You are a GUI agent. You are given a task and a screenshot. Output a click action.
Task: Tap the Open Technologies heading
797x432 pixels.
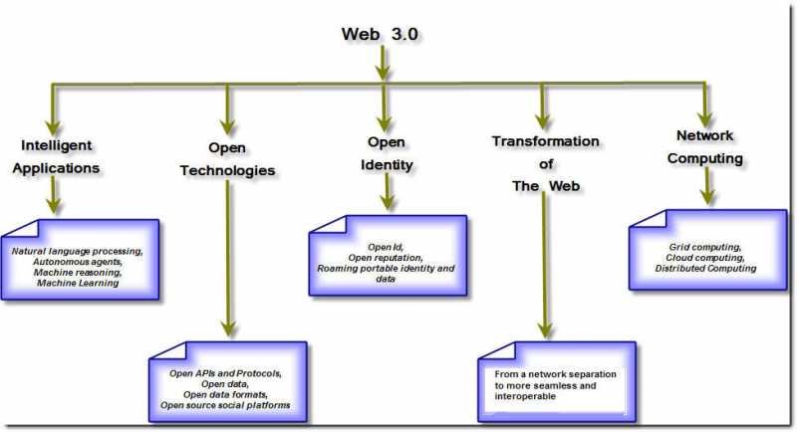pos(227,158)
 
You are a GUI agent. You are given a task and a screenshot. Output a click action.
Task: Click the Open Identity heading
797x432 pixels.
pos(387,153)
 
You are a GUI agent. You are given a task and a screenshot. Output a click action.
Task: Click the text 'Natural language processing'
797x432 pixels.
pos(78,250)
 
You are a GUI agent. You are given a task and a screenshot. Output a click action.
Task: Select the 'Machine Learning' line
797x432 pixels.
pos(78,283)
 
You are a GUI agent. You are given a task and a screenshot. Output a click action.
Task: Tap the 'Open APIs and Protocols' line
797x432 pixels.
pos(227,373)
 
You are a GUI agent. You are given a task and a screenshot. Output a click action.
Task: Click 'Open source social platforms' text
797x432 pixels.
pos(227,406)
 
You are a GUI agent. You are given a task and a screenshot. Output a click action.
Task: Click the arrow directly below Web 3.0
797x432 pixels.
pos(382,65)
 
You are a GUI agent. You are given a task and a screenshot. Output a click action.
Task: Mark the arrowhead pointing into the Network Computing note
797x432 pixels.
pos(707,196)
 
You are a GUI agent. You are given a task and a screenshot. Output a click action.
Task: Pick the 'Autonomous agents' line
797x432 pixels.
pos(78,261)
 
